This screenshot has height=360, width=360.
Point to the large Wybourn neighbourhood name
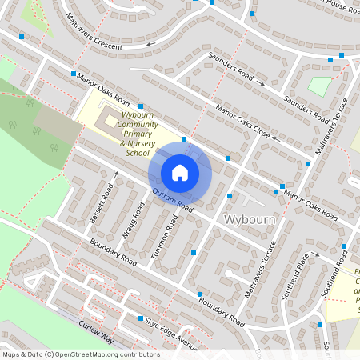[250, 219]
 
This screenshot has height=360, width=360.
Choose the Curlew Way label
[96, 332]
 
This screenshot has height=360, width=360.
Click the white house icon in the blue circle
[180, 173]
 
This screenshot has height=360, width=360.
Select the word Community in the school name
[138, 124]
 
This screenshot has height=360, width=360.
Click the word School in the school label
[138, 153]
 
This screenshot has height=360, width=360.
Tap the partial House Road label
[344, 6]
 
